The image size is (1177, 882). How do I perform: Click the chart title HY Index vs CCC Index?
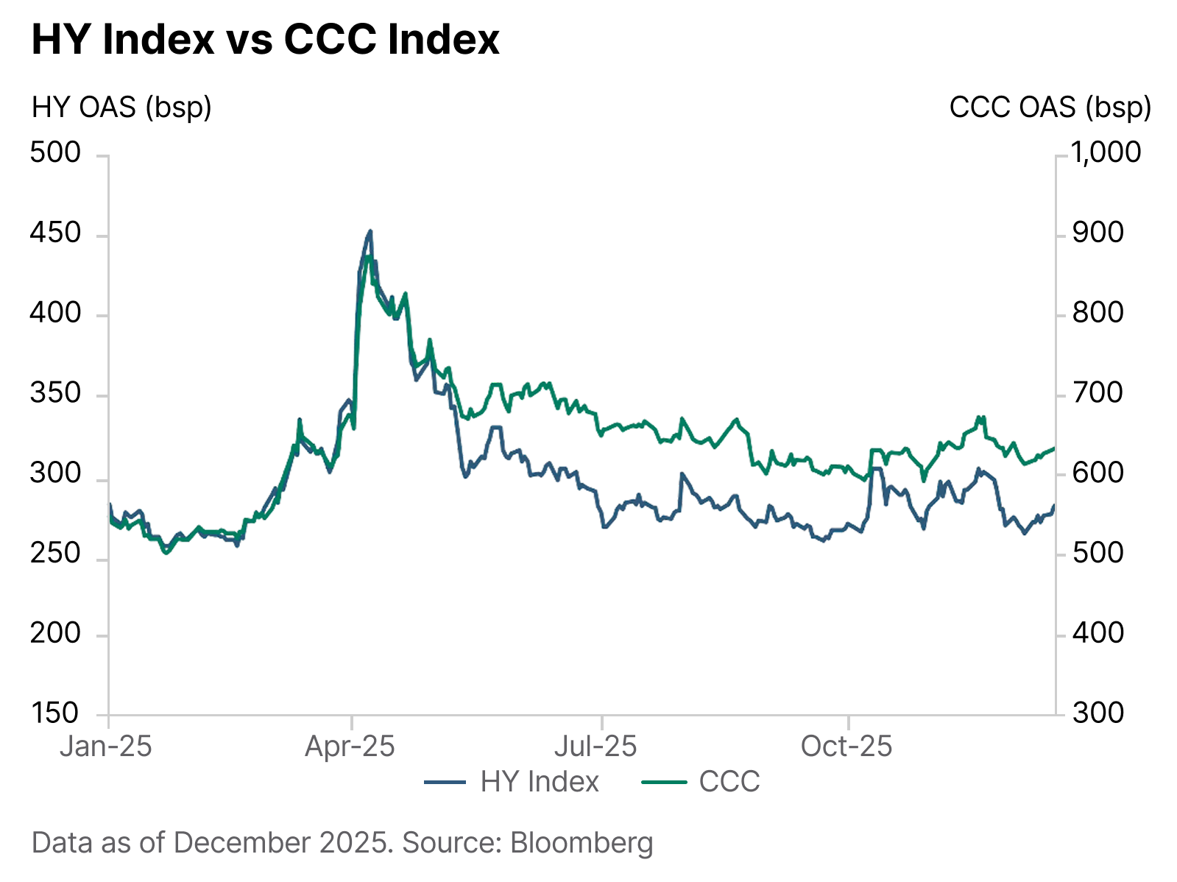pyautogui.click(x=265, y=40)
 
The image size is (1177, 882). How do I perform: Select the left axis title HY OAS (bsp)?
pyautogui.click(x=121, y=107)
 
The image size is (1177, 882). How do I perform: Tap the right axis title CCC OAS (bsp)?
pyautogui.click(x=1050, y=107)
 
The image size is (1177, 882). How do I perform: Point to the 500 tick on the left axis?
pyautogui.click(x=55, y=152)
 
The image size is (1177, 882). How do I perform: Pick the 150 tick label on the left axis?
pyautogui.click(x=55, y=713)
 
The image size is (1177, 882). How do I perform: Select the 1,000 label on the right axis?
pyautogui.click(x=1106, y=152)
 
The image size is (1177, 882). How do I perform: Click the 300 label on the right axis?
pyautogui.click(x=1098, y=713)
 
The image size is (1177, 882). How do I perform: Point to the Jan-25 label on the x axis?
pyautogui.click(x=106, y=747)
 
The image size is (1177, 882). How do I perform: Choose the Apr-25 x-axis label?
pyautogui.click(x=350, y=747)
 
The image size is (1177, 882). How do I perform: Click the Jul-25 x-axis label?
pyautogui.click(x=595, y=747)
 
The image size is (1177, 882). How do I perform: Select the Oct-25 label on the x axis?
pyautogui.click(x=846, y=747)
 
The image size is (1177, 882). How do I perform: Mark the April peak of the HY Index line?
pyautogui.click(x=370, y=230)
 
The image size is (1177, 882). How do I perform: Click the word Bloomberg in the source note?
pyautogui.click(x=582, y=842)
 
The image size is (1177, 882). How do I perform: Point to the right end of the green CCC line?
pyautogui.click(x=1054, y=448)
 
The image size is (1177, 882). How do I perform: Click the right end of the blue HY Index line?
pyautogui.click(x=1054, y=506)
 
